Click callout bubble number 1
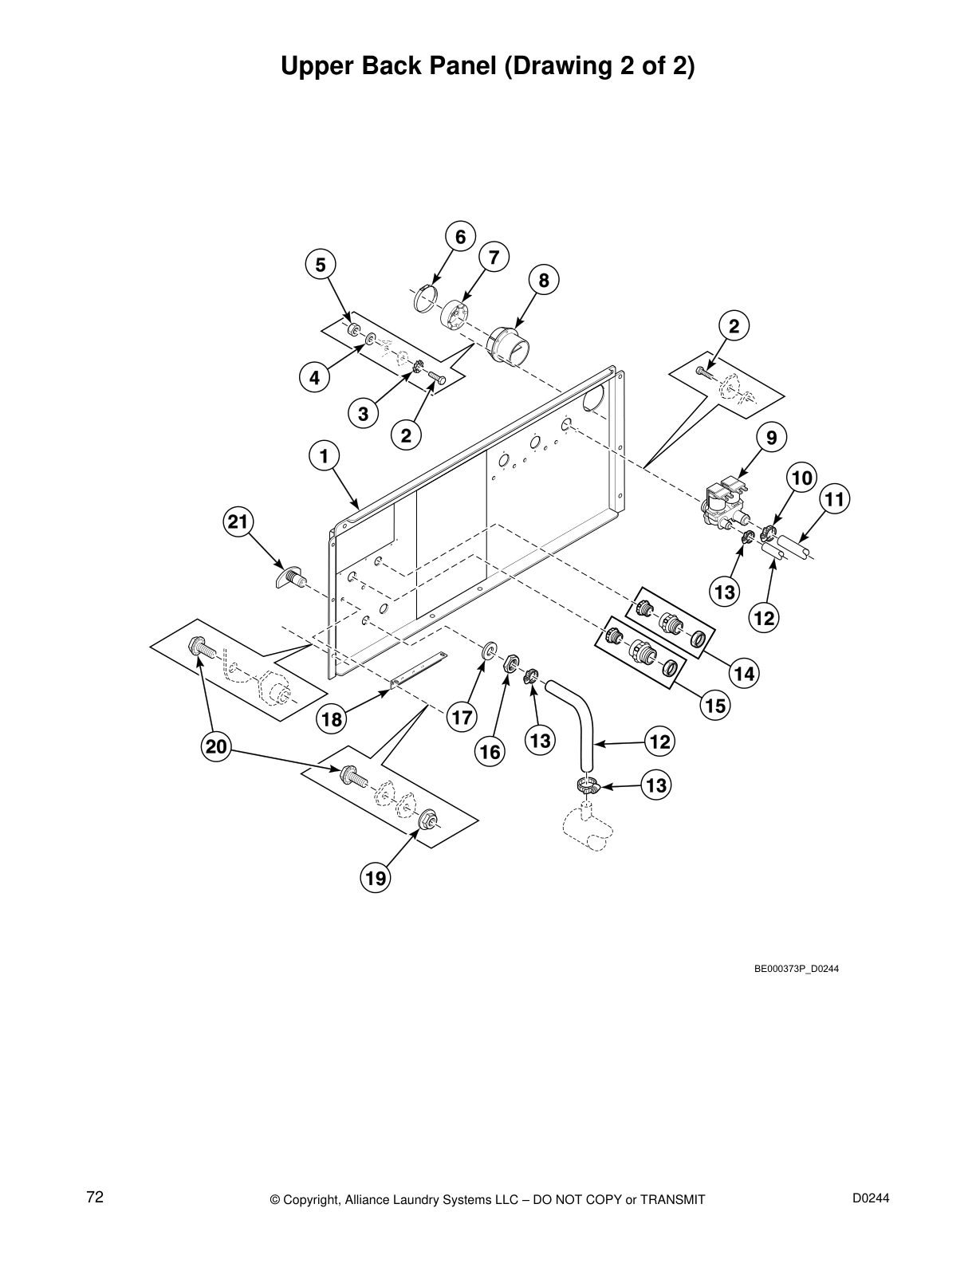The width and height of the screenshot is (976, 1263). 324,456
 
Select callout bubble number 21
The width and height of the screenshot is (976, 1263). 238,521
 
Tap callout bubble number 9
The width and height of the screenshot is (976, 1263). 771,437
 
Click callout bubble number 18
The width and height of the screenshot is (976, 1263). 332,719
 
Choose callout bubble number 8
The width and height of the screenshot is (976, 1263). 544,280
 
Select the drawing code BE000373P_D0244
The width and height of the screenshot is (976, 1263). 796,969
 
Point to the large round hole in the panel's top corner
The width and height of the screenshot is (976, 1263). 593,399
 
